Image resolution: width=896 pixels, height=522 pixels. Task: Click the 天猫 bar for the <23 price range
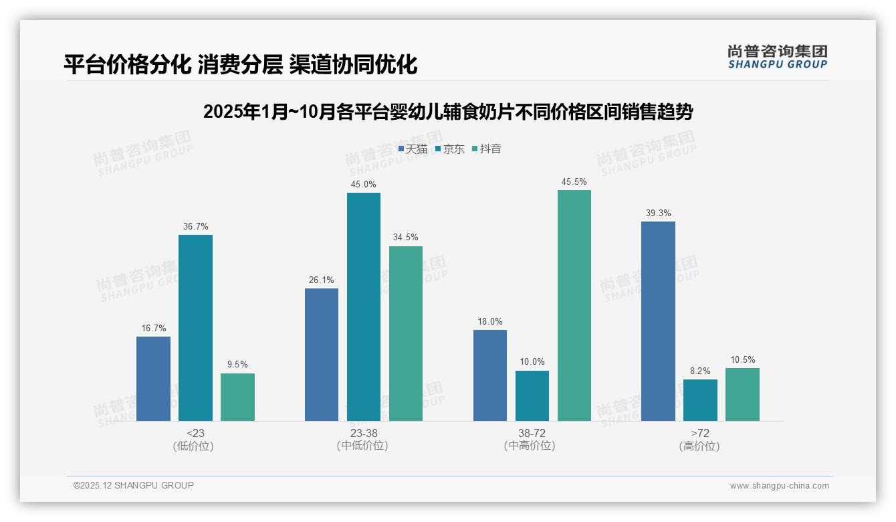pos(153,378)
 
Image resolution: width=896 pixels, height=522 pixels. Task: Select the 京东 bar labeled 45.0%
pos(363,307)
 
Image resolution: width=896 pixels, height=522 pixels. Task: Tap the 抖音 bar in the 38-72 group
pos(574,305)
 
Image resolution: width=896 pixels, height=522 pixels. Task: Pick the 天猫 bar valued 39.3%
pos(658,321)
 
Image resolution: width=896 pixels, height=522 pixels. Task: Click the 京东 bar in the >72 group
pos(700,400)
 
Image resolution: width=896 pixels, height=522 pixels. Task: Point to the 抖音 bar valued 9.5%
pos(237,397)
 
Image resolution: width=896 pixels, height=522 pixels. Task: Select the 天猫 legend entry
pos(413,149)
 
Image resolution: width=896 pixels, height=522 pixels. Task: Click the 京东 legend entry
pos(450,149)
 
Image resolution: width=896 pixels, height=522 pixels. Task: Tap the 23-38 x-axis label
pos(363,433)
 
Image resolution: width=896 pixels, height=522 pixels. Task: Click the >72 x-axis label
pos(700,433)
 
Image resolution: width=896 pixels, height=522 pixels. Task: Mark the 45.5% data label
pos(574,181)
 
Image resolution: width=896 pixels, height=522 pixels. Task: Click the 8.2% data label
pos(700,371)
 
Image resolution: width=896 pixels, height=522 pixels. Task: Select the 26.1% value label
pos(322,280)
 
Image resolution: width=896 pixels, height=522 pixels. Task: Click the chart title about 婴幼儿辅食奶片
pos(447,112)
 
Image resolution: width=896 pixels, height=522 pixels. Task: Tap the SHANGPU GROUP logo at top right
pos(777,56)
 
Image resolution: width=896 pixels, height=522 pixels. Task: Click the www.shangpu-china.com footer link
pos(779,486)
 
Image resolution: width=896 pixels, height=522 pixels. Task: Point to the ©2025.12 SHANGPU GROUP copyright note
pos(134,485)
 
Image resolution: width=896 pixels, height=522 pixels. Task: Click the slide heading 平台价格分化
pos(127,64)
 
